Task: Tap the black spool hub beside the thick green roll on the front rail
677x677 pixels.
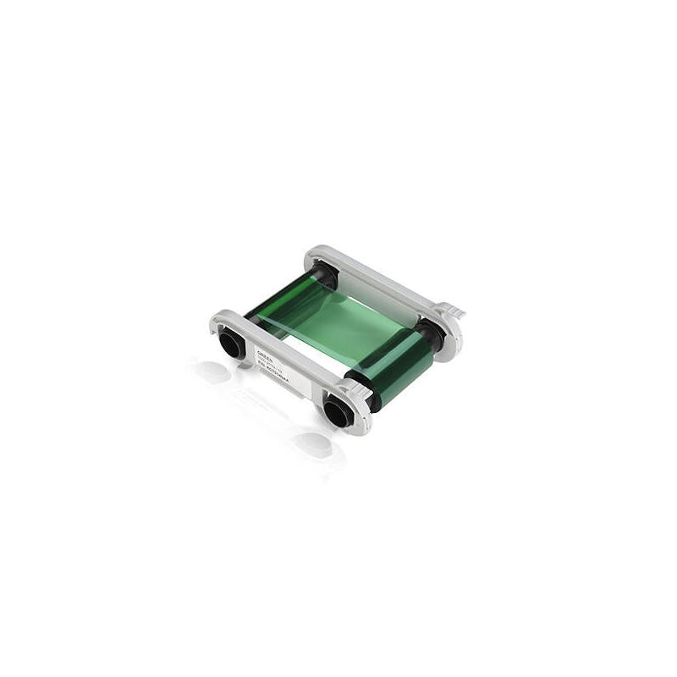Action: click(338, 411)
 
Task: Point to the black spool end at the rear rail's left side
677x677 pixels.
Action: click(325, 272)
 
